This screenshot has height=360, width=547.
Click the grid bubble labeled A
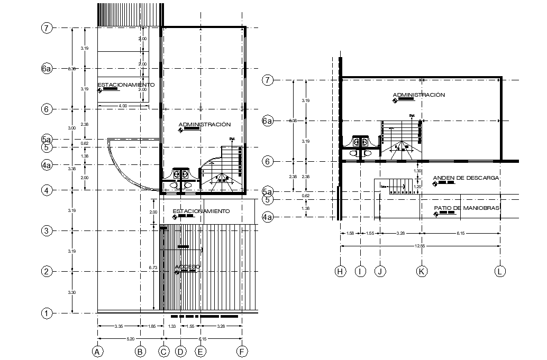pos(97,351)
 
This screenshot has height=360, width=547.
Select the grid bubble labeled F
pos(242,351)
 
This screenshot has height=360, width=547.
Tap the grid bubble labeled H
pos(340,271)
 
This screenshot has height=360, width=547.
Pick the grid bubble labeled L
pos(500,271)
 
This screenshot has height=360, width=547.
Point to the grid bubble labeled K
pos(422,271)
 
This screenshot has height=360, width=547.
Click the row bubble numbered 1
pos(47,313)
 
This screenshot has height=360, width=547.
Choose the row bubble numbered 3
pos(47,231)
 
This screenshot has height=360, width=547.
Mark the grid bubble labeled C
pos(164,351)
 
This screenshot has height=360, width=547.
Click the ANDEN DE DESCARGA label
pos(466,178)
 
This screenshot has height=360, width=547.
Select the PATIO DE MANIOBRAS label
pos(467,208)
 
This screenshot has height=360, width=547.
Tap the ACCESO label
pos(188,267)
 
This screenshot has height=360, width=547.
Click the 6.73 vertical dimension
pos(153,268)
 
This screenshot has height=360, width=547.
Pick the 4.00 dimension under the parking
pos(122,106)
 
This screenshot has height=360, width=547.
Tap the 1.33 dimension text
pos(172,327)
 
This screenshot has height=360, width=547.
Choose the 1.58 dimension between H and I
pos(350,233)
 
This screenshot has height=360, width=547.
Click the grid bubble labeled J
pos(380,271)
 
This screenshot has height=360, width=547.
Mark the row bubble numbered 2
pos(47,272)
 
